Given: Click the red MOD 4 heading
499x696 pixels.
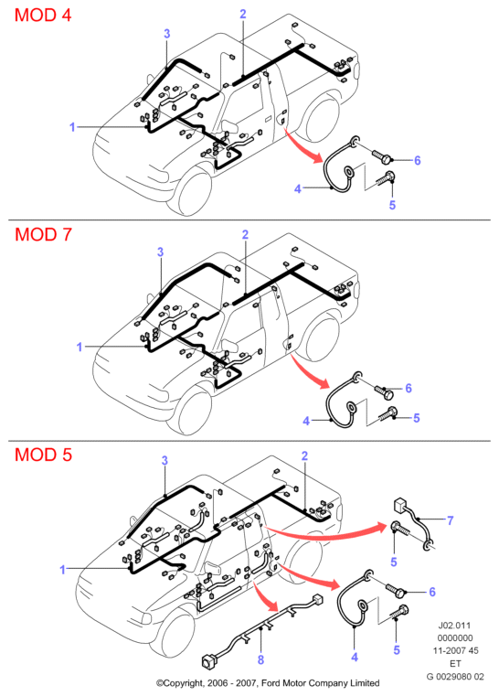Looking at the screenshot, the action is (43, 16).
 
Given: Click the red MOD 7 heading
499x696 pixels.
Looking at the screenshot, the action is (43, 234).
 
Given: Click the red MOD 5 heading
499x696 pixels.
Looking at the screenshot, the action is (43, 455).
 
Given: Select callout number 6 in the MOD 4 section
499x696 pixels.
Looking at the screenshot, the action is (417, 160).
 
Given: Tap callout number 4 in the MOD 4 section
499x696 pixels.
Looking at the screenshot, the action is (298, 189).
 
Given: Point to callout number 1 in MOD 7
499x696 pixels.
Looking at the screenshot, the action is (80, 347).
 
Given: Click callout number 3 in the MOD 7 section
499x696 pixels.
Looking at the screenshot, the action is (161, 252).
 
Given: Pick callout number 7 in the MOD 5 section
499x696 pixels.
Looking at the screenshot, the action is (451, 520).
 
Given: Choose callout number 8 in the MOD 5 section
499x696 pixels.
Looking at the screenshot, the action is (260, 660).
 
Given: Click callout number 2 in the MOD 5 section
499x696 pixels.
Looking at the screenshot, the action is (304, 455).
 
